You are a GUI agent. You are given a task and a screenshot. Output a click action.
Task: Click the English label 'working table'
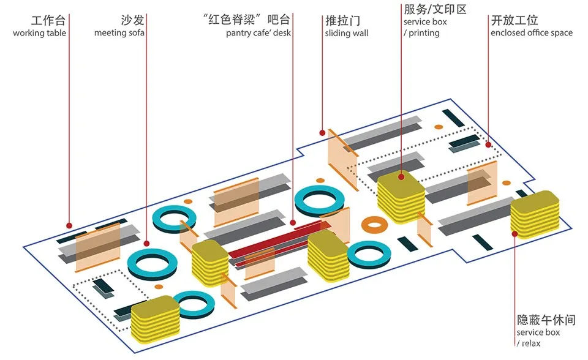pos(39,33)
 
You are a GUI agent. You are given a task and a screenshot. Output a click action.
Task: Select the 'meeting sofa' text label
pos(119,33)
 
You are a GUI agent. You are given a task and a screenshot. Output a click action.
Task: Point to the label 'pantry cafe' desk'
pos(258,33)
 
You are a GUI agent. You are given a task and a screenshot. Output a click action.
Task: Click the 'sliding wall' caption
pos(347,33)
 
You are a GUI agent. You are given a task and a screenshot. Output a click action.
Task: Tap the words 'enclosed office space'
pos(532,33)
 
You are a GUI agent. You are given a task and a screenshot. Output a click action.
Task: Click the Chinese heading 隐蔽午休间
pos(546,320)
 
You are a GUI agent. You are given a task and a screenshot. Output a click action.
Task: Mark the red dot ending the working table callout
pos(69,225)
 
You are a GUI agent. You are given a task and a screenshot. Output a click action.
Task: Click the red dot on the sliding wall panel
pos(322,132)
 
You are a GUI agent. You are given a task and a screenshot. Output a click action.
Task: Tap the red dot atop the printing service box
pos(401,177)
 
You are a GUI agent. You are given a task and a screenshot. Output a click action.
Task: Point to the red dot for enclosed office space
pos(488,145)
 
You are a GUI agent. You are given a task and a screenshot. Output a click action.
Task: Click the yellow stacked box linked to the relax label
pos(535,214)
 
